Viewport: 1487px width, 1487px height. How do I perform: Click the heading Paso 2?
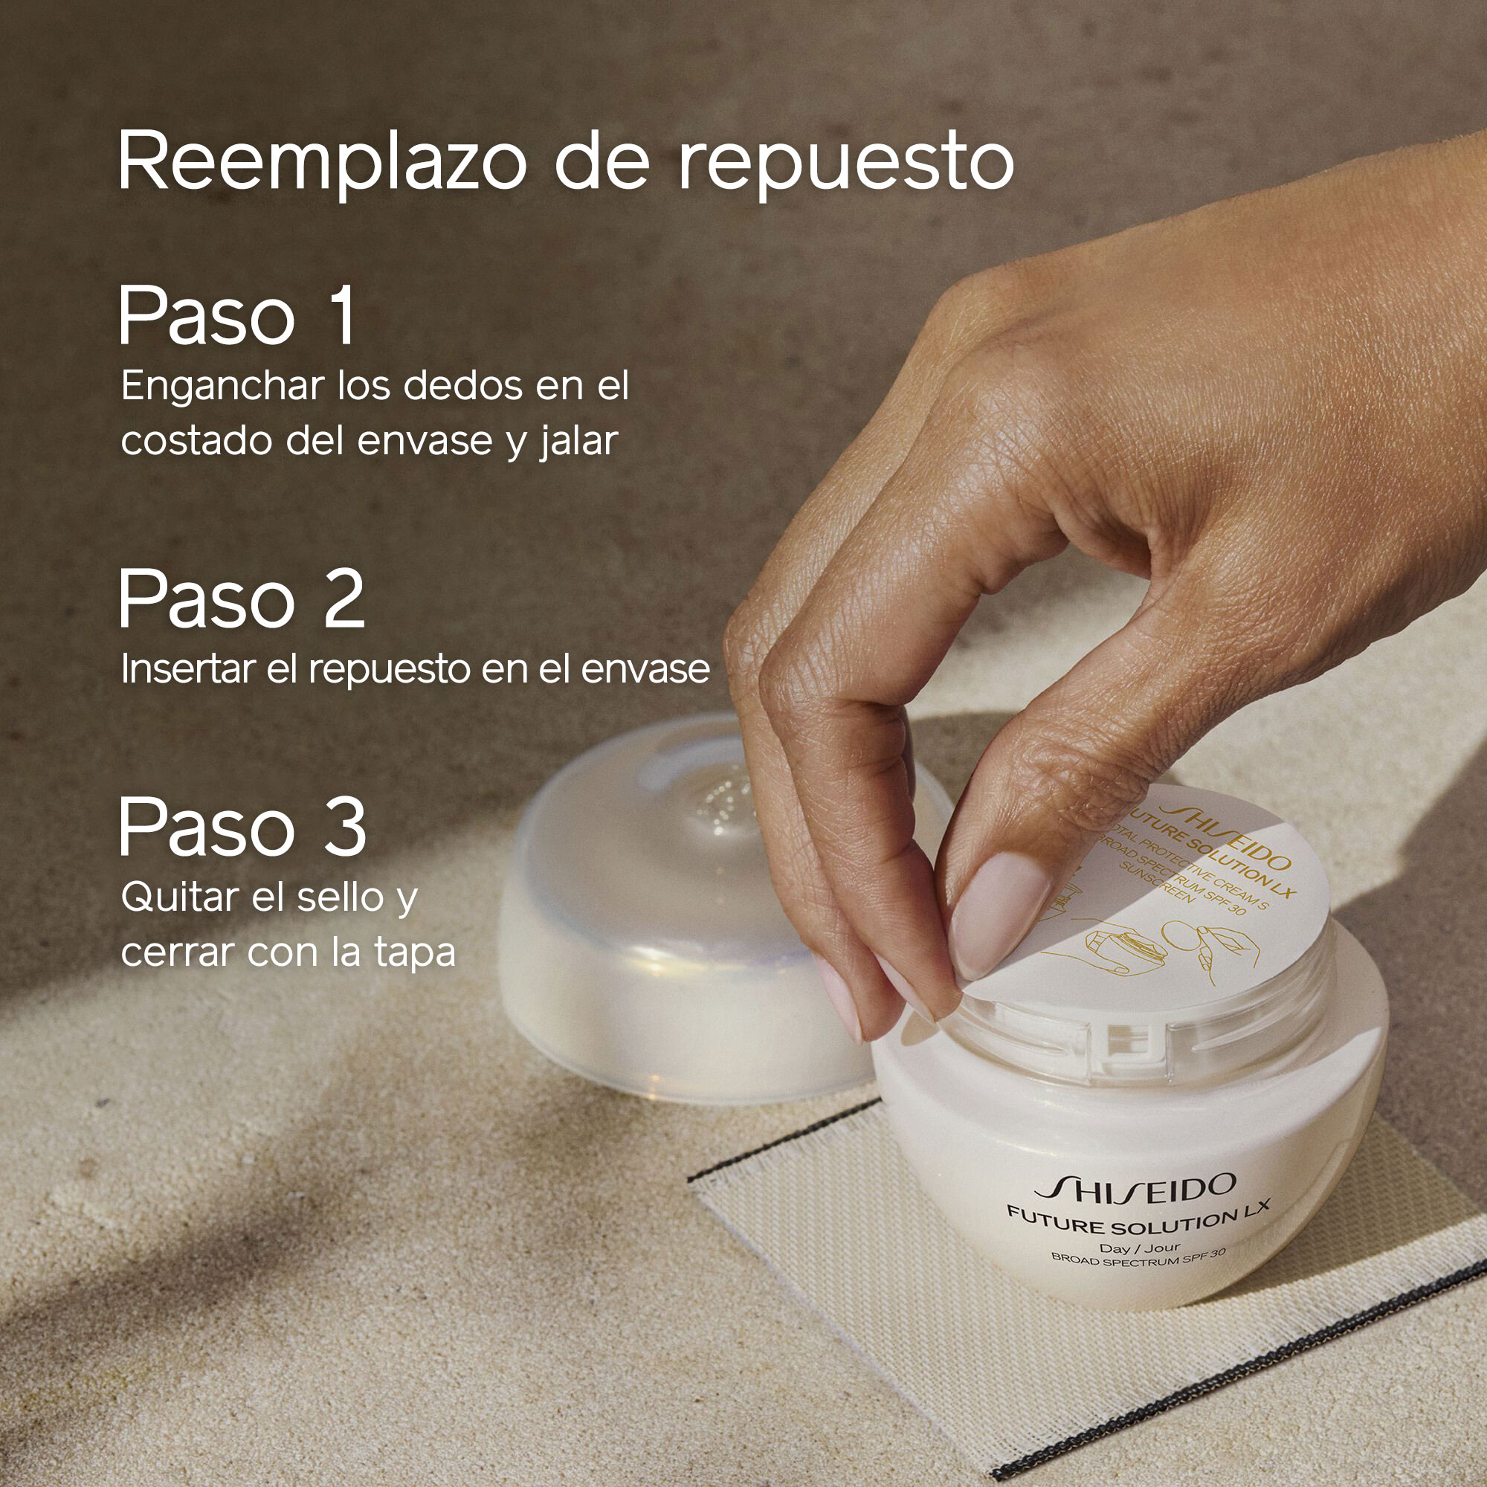tap(241, 599)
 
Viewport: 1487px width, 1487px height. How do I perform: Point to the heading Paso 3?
tap(242, 828)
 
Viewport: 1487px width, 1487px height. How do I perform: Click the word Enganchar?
tap(222, 387)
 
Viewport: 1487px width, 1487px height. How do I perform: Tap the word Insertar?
tap(187, 669)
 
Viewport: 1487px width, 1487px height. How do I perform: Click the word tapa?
tap(415, 953)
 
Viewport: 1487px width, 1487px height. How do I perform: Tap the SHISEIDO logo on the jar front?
tap(1135, 1187)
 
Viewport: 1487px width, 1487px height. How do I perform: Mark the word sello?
tap(341, 897)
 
